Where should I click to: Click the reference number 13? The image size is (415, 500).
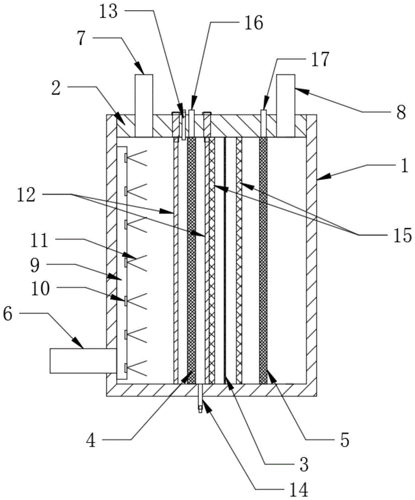click(108, 12)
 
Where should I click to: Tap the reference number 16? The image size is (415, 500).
click(254, 23)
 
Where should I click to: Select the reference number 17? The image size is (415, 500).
click(319, 59)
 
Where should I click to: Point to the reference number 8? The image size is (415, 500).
click(401, 112)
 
